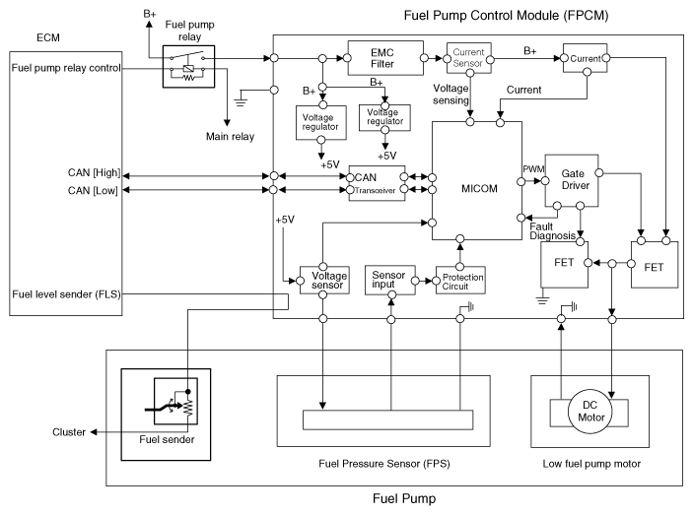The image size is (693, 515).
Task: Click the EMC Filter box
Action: tap(384, 57)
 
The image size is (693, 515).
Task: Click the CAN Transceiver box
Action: tap(377, 184)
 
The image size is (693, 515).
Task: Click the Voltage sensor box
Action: tap(323, 280)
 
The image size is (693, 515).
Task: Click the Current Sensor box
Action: tap(469, 57)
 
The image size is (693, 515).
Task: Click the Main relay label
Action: tap(229, 135)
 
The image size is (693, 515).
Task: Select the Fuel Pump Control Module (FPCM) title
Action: tap(520, 15)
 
